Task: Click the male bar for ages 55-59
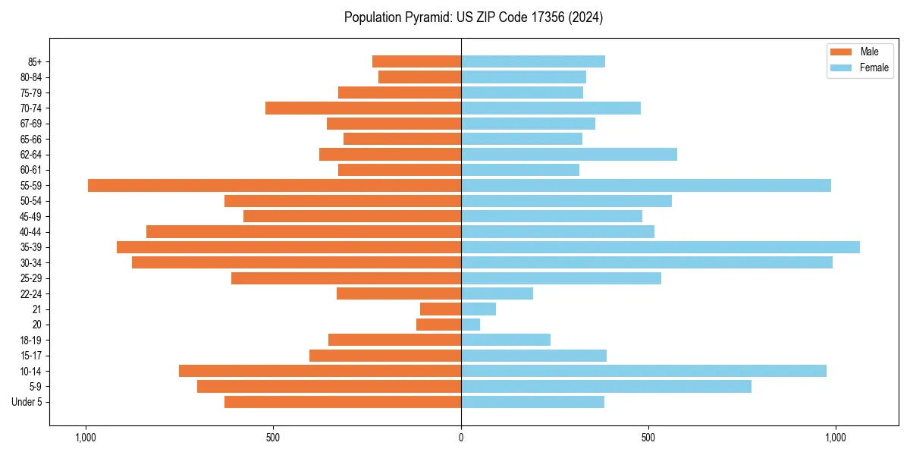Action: pyautogui.click(x=275, y=186)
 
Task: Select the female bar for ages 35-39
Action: pyautogui.click(x=661, y=247)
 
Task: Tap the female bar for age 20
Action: pyautogui.click(x=471, y=325)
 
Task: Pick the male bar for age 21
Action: pyautogui.click(x=441, y=309)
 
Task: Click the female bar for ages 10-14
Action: pyautogui.click(x=644, y=371)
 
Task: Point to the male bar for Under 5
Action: pyautogui.click(x=343, y=402)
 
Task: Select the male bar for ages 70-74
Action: pyautogui.click(x=363, y=108)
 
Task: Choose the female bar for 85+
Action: pyautogui.click(x=533, y=61)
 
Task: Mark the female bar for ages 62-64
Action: pyautogui.click(x=569, y=155)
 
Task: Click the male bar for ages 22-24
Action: pyautogui.click(x=399, y=293)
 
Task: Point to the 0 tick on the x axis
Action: pyautogui.click(x=461, y=438)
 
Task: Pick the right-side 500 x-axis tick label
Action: pyautogui.click(x=648, y=438)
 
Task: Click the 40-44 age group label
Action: pyautogui.click(x=31, y=232)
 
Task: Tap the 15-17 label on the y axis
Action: pyautogui.click(x=31, y=356)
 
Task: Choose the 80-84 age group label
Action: pyautogui.click(x=31, y=77)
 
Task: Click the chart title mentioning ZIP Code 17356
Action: pyautogui.click(x=473, y=17)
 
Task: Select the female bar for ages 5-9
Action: pyautogui.click(x=606, y=387)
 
